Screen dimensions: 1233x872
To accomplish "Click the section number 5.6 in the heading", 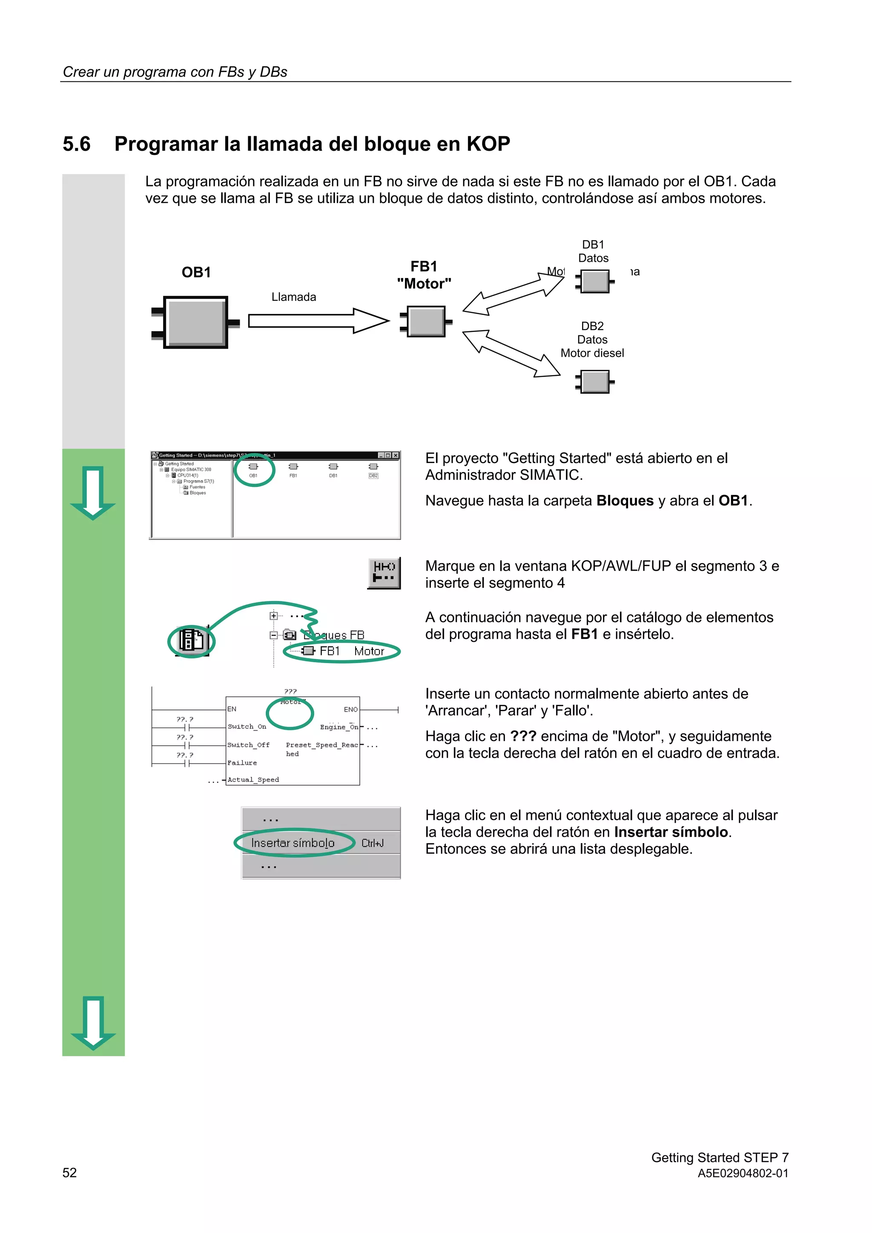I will point(76,144).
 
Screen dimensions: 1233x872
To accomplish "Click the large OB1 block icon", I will point(195,322).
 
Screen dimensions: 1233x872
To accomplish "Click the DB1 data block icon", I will point(595,281).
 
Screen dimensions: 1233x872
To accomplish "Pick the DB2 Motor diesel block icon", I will point(595,382).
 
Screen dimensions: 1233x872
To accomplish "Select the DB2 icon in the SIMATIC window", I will point(373,467).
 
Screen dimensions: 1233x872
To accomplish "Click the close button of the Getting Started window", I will point(396,455).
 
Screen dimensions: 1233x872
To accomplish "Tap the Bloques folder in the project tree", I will point(197,493).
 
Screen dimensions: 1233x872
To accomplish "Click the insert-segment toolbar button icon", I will point(384,573).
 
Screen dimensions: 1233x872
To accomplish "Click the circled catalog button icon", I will point(192,640).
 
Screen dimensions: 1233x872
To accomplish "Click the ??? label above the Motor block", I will point(290,691).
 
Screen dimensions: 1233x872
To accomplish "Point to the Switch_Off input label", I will point(248,745).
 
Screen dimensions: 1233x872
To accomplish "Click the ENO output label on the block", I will point(350,709).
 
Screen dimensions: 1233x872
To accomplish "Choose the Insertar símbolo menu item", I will point(293,843).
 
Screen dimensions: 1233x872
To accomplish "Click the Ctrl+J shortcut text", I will point(372,843).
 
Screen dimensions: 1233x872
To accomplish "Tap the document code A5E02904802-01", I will point(743,1173).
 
